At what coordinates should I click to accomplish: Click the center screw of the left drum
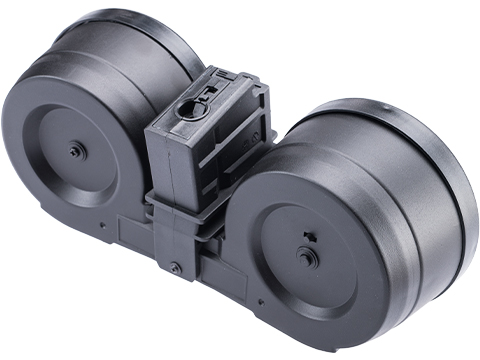click(x=75, y=151)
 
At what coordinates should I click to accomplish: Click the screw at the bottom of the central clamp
click(x=176, y=268)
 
